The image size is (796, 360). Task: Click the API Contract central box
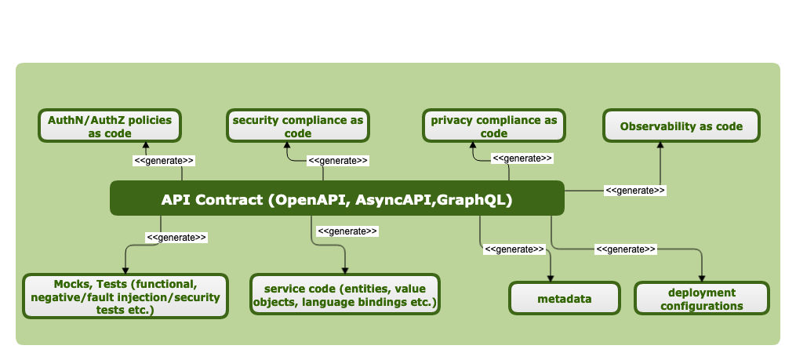click(336, 199)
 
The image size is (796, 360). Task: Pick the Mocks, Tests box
click(125, 296)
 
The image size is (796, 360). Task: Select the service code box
click(344, 295)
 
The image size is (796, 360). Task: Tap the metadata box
click(563, 299)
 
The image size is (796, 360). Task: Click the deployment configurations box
click(702, 299)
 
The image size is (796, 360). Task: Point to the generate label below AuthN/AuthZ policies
click(164, 160)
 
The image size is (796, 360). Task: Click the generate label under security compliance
click(338, 160)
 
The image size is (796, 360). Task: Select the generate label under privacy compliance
click(522, 158)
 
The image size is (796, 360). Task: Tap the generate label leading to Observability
click(635, 190)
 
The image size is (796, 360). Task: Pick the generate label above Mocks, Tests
click(176, 237)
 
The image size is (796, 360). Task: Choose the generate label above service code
click(347, 231)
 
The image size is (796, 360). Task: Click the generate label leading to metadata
click(514, 249)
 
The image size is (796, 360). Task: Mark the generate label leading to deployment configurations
click(626, 249)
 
